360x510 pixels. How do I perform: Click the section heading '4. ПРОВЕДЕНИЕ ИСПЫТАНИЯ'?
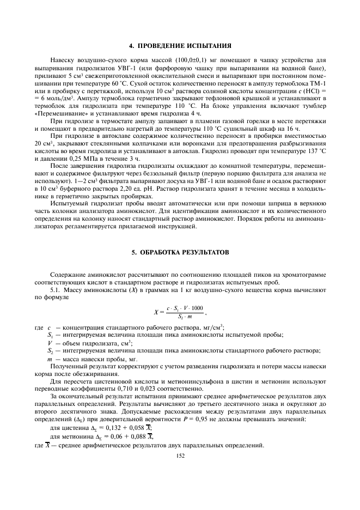[x=180, y=45]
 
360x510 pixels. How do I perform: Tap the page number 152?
[x=180, y=456]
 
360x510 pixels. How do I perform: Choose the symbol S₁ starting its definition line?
[x=50, y=335]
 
